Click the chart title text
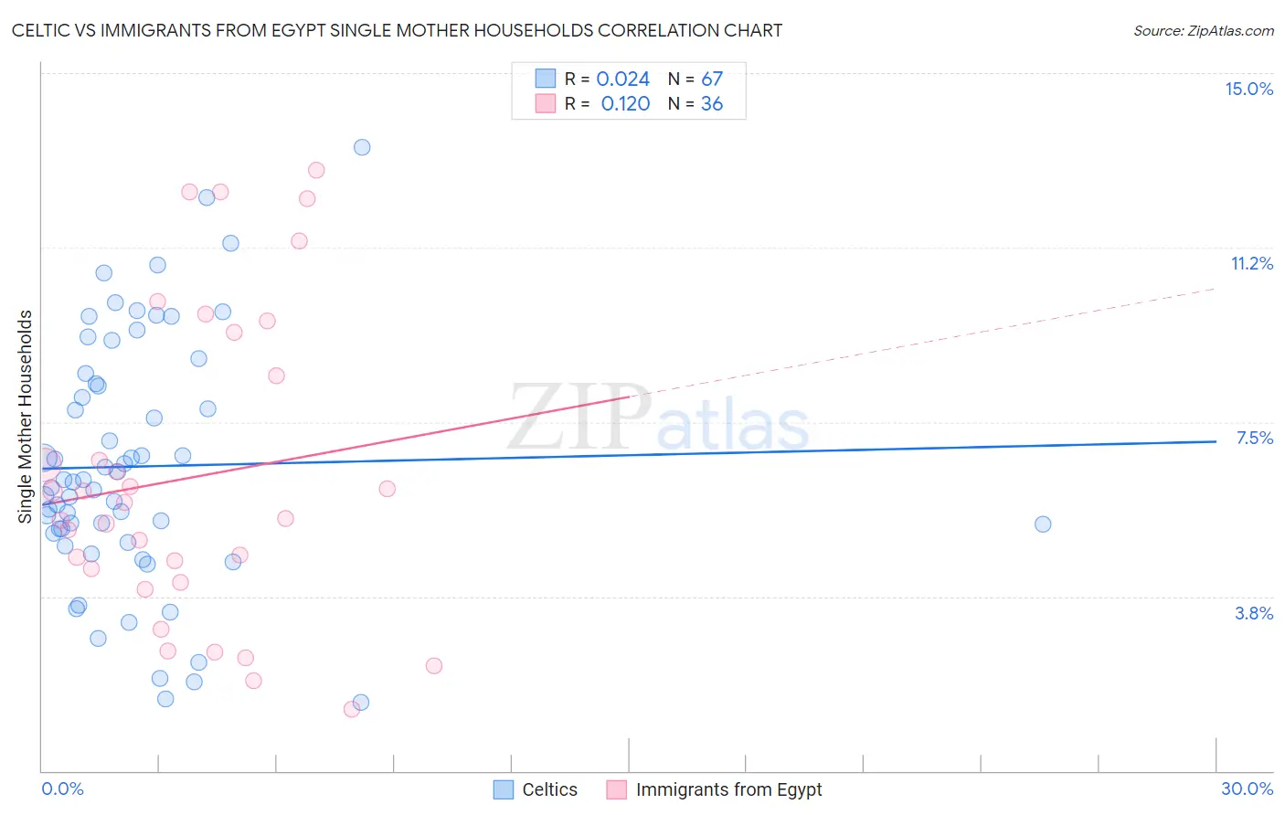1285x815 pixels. pos(397,30)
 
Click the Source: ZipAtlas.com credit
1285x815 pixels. pos(1203,31)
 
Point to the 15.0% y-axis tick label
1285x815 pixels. pos(1248,89)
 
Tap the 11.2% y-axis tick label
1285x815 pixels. pos(1251,263)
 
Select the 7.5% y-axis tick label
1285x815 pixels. pos(1254,438)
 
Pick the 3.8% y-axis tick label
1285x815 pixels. pos(1254,613)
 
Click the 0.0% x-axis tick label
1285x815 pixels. pos(62,789)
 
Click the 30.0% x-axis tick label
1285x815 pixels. pos(1247,789)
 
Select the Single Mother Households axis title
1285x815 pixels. pos(26,417)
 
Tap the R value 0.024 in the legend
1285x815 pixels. pos(622,79)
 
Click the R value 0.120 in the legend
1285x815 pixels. pos(625,104)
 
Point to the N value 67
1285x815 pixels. pos(712,79)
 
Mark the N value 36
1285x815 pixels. pos(712,104)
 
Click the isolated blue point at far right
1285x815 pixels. pos(1043,524)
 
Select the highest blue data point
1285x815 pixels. pos(362,147)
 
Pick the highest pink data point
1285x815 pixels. pos(316,170)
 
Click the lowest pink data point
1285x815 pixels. pos(352,709)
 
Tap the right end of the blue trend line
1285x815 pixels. pos(1216,441)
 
